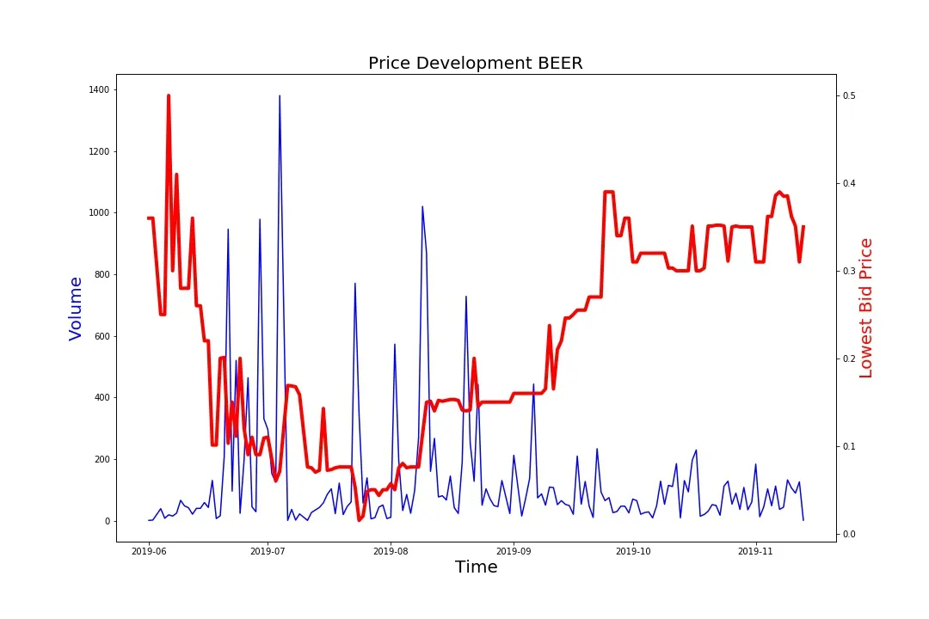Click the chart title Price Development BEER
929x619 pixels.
coord(475,63)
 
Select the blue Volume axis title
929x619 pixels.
coord(76,308)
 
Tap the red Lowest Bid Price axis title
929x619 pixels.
coord(866,308)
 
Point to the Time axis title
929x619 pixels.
coord(476,567)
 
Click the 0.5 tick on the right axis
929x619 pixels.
coord(850,95)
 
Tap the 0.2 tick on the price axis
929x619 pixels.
coord(850,359)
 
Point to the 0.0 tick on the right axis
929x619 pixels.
coord(850,534)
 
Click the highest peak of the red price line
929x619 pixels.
coord(169,95)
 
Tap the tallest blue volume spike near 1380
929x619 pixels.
coord(280,95)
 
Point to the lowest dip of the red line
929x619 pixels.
coord(359,520)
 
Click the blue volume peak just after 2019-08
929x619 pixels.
coord(422,206)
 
